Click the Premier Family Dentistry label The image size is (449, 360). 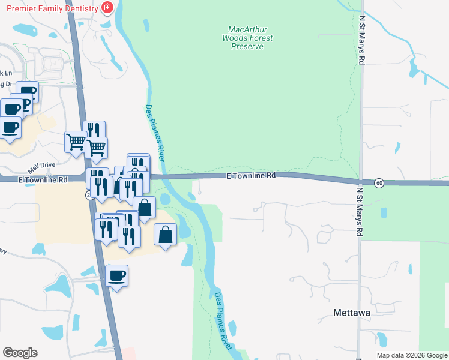52,8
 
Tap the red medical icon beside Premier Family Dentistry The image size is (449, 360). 107,8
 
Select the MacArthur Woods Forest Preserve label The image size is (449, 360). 247,38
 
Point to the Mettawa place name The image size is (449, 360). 351,313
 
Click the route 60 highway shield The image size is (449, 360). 379,182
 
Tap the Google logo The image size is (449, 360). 20,353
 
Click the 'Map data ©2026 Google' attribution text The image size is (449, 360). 412,355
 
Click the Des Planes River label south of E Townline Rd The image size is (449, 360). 222,320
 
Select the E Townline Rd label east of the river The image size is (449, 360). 252,175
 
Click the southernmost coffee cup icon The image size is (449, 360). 117,276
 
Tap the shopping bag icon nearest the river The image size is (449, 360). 166,235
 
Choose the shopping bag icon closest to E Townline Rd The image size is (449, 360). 144,208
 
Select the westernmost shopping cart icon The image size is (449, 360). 76,142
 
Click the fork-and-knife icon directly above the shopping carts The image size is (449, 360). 94,131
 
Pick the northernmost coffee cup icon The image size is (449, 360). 27,92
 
